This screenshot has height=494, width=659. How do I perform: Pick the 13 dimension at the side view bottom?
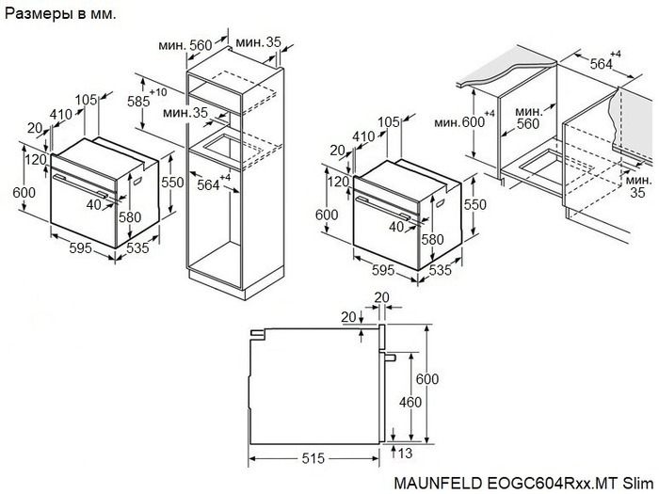(406, 454)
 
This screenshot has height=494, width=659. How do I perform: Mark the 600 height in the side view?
(428, 378)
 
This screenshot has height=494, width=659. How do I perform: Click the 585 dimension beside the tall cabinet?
(140, 99)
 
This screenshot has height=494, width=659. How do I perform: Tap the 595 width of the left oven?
(80, 248)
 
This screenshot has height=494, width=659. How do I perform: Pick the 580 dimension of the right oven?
(432, 240)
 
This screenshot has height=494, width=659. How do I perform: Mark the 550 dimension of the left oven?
(170, 183)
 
